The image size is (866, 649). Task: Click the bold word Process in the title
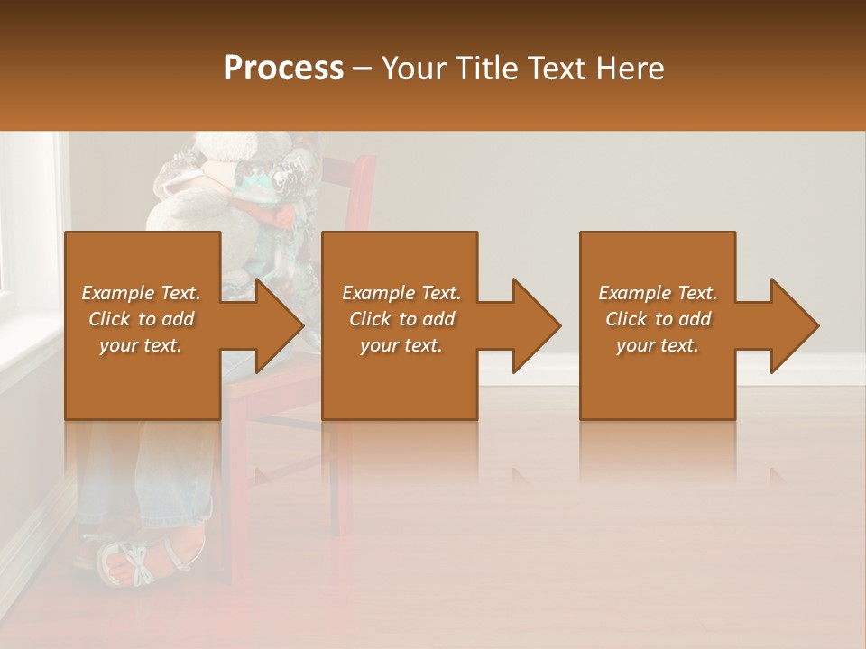[x=283, y=69]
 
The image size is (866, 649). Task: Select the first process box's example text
[x=142, y=319]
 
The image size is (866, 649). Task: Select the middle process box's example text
[x=401, y=319]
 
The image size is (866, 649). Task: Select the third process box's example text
[x=658, y=319]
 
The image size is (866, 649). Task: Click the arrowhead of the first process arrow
[x=281, y=325]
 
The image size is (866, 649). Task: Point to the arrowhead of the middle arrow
[x=538, y=325]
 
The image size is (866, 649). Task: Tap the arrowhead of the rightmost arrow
[x=796, y=325]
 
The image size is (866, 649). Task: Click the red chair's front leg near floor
[x=235, y=550]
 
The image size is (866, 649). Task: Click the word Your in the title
[x=411, y=69]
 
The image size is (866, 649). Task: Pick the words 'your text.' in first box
[x=142, y=345]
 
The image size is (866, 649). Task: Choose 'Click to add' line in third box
[x=658, y=319]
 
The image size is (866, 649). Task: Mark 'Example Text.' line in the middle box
[x=401, y=293]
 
